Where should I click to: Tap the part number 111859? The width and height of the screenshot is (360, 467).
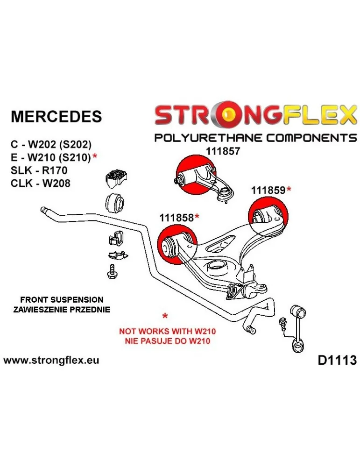coord(268,190)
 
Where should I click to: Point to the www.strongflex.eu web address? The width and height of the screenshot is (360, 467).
coord(51,361)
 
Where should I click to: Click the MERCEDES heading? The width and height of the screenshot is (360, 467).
coord(56,116)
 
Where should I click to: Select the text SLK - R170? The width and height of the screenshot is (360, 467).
coord(39,170)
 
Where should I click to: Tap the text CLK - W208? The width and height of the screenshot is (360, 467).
coord(40,183)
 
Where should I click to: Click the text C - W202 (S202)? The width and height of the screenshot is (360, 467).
coord(51,144)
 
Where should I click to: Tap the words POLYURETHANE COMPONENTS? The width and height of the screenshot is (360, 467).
coord(255,138)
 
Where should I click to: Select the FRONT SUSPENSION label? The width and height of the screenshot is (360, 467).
coord(62,299)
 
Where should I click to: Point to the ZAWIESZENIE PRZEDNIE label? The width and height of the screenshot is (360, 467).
coord(62,309)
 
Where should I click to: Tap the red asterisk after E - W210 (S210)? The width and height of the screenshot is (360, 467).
coord(95,157)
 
